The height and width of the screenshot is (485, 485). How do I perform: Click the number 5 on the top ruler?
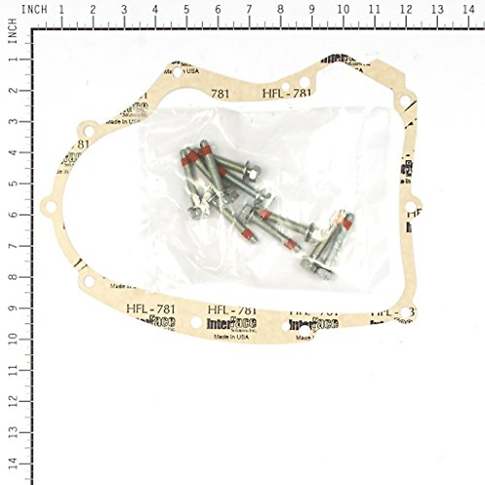[186, 10]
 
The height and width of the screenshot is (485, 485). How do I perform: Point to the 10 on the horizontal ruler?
[343, 10]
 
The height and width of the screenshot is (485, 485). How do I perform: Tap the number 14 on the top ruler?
[468, 10]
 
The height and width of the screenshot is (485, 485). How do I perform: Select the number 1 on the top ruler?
[61, 10]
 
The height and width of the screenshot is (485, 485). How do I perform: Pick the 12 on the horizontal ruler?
[406, 10]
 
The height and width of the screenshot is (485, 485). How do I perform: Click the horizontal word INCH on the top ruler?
[34, 10]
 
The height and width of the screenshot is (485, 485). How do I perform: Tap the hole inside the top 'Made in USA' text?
[177, 73]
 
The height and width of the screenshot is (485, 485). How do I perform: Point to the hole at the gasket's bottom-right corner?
[405, 312]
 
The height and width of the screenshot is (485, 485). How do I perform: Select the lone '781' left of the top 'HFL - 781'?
[220, 94]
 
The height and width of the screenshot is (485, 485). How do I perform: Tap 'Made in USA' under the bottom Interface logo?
[231, 337]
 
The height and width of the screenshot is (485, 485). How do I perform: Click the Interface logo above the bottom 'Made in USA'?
[231, 323]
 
